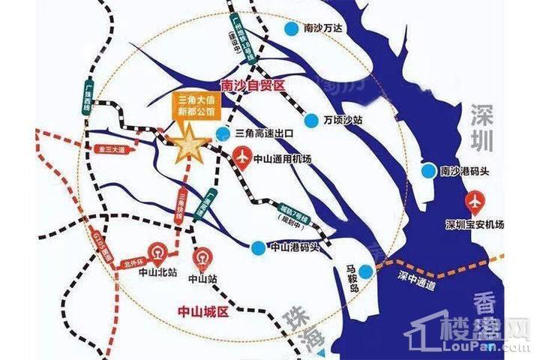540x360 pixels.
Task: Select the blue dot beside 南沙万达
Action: point(289,28)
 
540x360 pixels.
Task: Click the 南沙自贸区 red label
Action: point(254,85)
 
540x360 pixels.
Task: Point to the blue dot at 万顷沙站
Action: point(310,120)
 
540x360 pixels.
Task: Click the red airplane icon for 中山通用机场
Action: point(243,158)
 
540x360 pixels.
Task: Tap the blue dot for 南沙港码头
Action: point(427,172)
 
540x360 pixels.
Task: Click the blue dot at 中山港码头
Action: point(257,247)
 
